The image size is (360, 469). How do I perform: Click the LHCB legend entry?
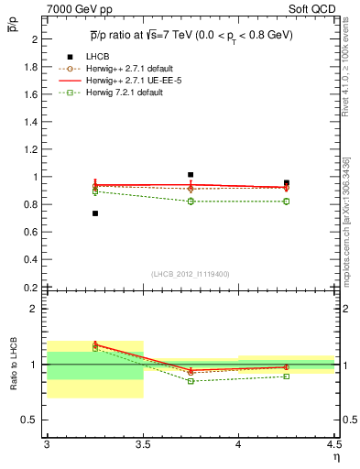100,58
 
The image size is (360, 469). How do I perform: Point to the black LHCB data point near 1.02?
191,174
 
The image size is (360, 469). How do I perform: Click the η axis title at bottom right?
335,455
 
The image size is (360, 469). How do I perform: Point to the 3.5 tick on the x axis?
142,444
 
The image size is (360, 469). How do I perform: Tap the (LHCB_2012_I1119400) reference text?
191,274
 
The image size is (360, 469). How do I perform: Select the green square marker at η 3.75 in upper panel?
191,201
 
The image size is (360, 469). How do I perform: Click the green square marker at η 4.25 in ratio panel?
286,376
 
